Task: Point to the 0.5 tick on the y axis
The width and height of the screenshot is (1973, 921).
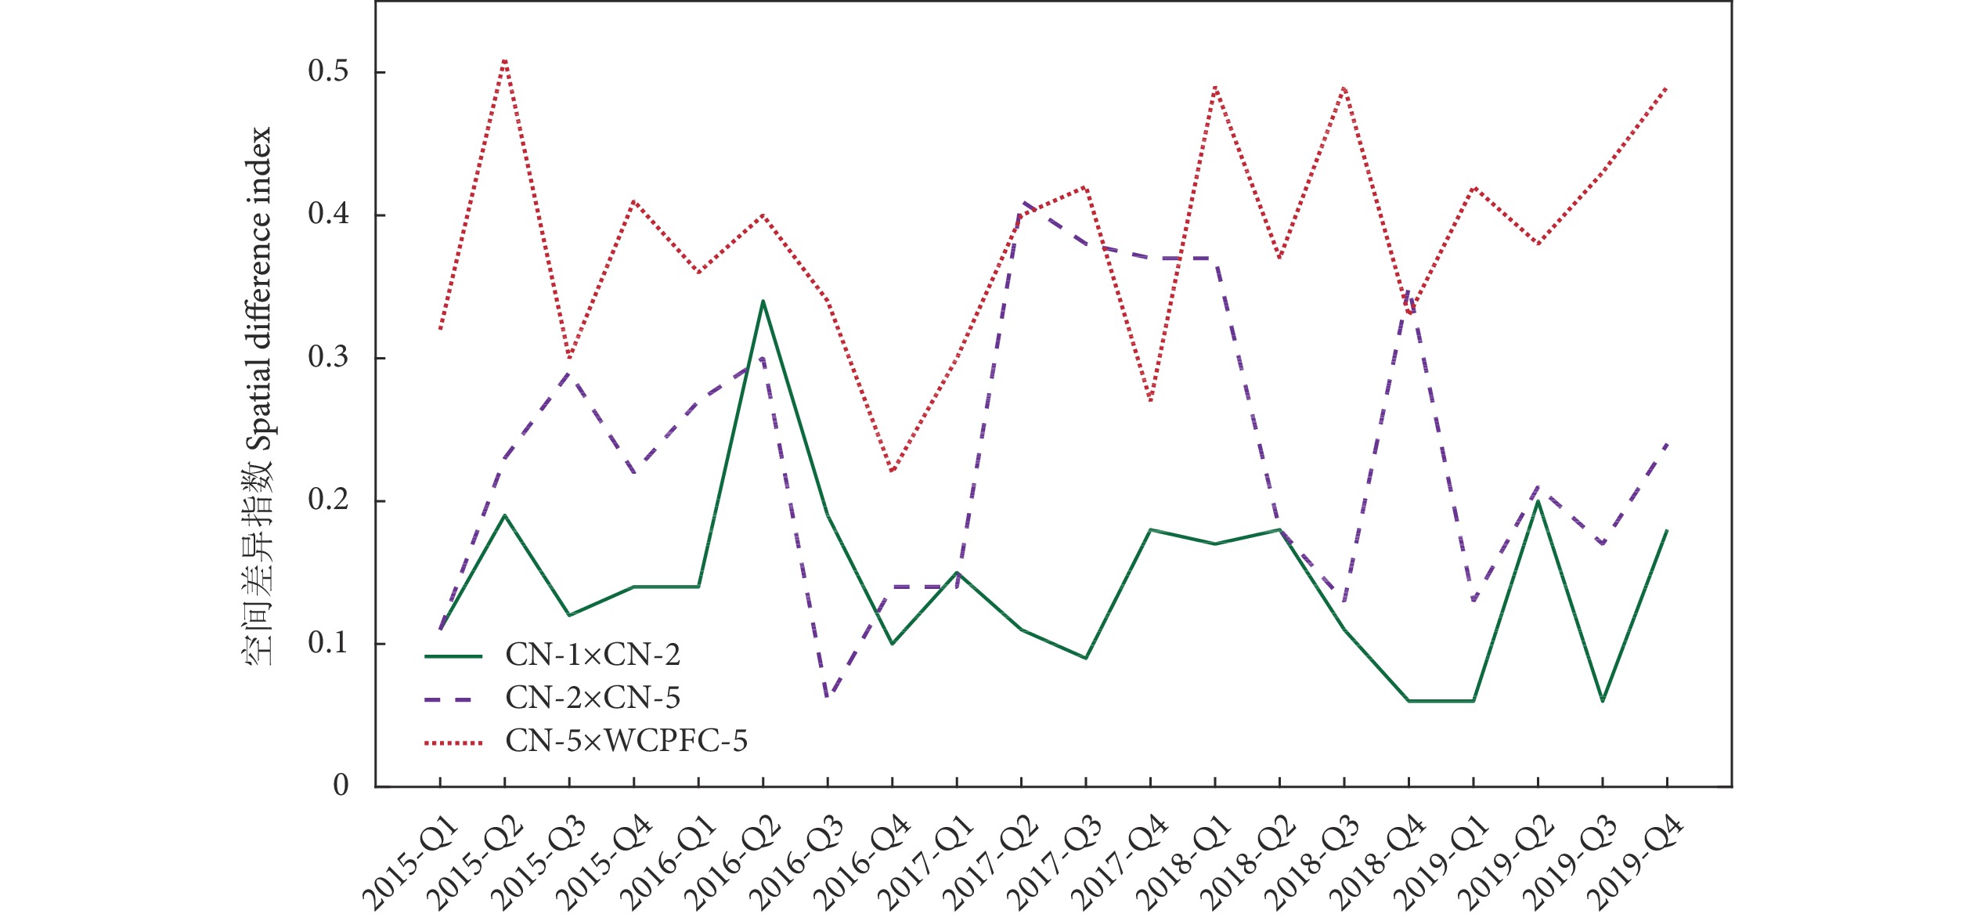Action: tap(328, 72)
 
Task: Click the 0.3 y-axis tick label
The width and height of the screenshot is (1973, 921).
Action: tap(328, 358)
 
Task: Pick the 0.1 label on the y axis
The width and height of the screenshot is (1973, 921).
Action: tap(328, 644)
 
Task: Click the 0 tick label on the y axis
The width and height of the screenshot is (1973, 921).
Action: tap(341, 786)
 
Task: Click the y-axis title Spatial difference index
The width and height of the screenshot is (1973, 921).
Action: tap(259, 396)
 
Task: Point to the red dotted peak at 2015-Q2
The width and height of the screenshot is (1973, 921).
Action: tap(505, 59)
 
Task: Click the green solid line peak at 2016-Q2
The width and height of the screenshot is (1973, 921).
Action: tap(763, 302)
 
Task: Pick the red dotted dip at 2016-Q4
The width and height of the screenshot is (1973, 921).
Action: tap(892, 472)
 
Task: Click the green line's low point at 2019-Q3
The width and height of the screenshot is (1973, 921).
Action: tap(1603, 701)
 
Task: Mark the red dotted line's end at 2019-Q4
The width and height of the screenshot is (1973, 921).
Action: tap(1667, 87)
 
